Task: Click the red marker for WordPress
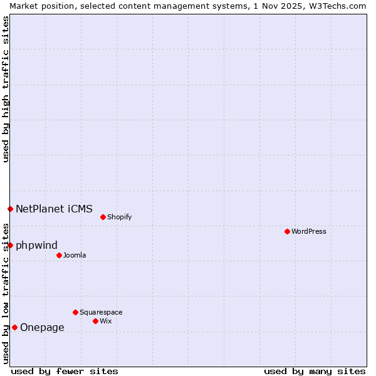coord(287,231)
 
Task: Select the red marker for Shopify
coord(103,217)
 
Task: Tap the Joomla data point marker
coord(59,255)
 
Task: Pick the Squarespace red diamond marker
coord(75,312)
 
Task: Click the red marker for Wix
coord(95,321)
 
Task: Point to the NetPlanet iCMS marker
coord(10,209)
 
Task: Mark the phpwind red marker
coord(10,245)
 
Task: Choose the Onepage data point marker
coord(14,327)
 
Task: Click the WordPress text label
coord(309,231)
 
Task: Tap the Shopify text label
coord(119,217)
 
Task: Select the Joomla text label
coord(75,255)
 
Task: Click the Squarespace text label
coord(101,312)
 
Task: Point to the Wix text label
coord(106,321)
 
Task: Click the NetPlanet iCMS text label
coord(54,209)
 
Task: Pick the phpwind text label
coord(36,245)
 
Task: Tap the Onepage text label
coord(42,327)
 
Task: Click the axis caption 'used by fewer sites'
coord(65,371)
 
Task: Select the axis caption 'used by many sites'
coord(315,371)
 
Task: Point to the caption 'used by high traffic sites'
coord(6,89)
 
